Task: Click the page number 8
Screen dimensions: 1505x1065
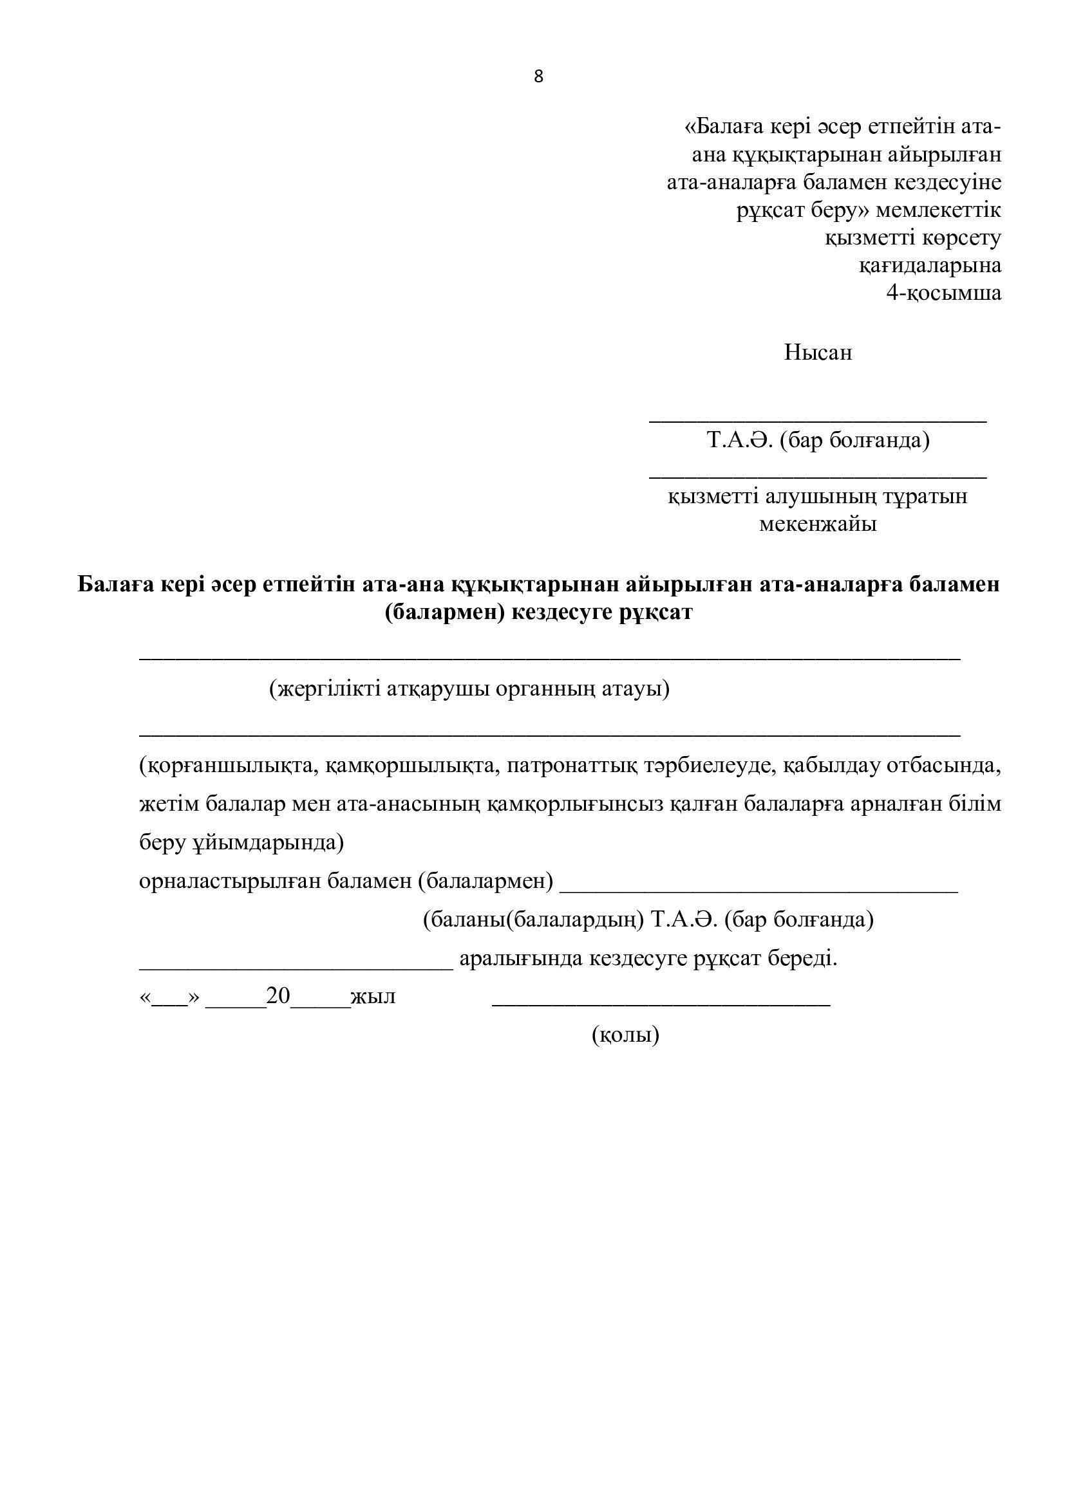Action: [x=538, y=77]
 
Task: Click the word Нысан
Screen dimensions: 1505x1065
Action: [x=818, y=353]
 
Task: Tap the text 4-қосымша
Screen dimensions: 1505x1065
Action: [x=944, y=292]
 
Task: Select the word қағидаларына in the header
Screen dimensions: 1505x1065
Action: [x=930, y=266]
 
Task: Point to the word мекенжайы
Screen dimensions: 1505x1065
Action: [x=818, y=524]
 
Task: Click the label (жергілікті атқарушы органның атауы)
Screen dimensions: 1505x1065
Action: [x=469, y=689]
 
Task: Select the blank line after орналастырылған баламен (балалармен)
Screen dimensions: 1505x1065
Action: [x=759, y=891]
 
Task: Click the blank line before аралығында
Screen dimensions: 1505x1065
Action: [x=296, y=968]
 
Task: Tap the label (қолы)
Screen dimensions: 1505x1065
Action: [x=626, y=1035]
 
